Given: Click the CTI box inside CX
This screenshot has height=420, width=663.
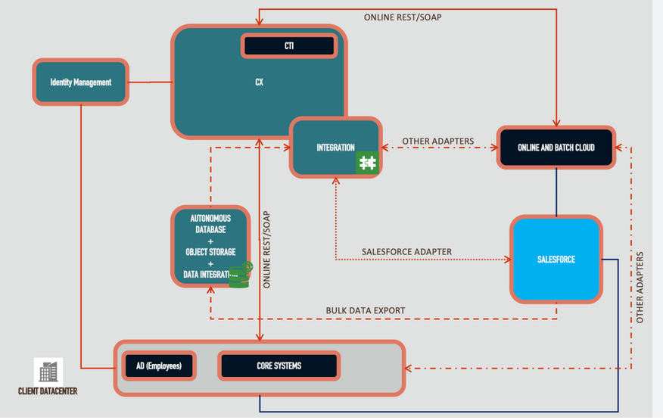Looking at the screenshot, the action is click(289, 45).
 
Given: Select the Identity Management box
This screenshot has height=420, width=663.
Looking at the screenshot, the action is click(81, 82).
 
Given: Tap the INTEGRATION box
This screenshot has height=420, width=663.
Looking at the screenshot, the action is click(336, 148).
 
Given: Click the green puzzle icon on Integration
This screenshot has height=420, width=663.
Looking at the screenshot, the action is click(367, 163).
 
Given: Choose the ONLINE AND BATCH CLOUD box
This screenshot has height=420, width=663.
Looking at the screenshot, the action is click(556, 148).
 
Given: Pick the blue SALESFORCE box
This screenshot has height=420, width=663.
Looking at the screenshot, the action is click(556, 260).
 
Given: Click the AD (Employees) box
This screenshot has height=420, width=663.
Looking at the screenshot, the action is click(159, 366).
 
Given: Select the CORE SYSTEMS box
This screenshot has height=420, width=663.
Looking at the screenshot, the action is click(279, 366).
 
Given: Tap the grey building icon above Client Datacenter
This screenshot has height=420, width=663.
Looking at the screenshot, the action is click(48, 371).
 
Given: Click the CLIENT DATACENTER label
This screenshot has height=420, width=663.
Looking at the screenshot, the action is click(48, 391).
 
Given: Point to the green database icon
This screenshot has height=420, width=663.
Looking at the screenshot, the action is click(240, 275).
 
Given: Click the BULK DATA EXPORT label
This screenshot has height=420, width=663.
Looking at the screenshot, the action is click(366, 310).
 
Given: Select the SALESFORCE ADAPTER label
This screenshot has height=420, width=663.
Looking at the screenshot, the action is click(406, 252).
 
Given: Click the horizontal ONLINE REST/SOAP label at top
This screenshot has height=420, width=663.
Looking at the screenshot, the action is click(403, 17).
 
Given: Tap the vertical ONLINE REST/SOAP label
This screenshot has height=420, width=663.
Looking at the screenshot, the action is click(266, 250).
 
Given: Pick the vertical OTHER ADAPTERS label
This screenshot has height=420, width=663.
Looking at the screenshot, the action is click(640, 288).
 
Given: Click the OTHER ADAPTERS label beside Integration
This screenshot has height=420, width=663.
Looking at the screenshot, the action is click(437, 142).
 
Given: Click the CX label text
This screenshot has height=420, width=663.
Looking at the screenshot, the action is click(259, 82).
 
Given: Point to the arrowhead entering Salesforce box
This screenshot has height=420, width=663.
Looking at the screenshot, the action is click(508, 260).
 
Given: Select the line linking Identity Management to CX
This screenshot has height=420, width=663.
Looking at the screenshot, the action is click(150, 82).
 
